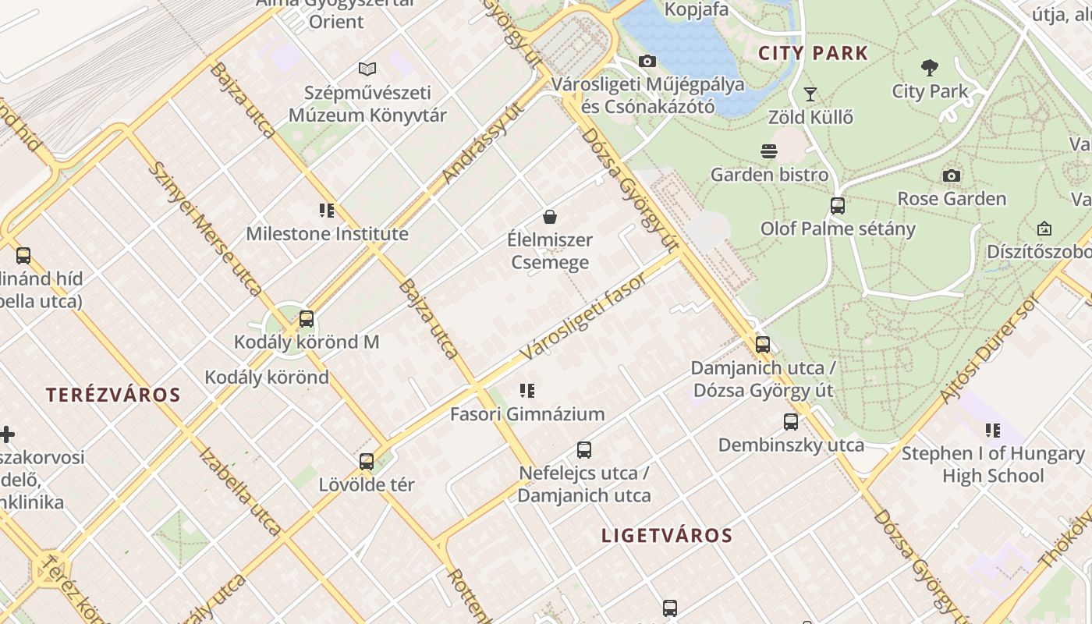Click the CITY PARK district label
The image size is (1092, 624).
814,53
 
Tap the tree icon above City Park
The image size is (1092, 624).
929,68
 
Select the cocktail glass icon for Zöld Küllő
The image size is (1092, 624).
810,94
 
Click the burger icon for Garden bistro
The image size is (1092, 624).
769,151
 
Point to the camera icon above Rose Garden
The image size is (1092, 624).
951,175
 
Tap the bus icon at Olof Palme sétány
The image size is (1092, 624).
837,206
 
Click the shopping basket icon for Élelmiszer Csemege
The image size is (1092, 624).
550,217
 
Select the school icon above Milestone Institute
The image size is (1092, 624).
327,211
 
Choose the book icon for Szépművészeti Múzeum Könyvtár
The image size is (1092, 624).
367,69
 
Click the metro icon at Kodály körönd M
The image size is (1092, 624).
307,318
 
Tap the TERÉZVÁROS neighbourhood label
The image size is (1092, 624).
113,395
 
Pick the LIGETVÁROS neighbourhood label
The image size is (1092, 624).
667,535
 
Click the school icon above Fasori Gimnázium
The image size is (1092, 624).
527,391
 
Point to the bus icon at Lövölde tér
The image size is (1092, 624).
366,461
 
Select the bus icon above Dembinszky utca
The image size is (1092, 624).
791,422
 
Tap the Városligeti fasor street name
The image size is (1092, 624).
583,317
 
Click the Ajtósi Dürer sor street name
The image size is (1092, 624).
991,348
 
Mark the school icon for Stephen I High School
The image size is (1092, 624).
992,431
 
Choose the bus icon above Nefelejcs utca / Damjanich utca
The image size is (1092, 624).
584,450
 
